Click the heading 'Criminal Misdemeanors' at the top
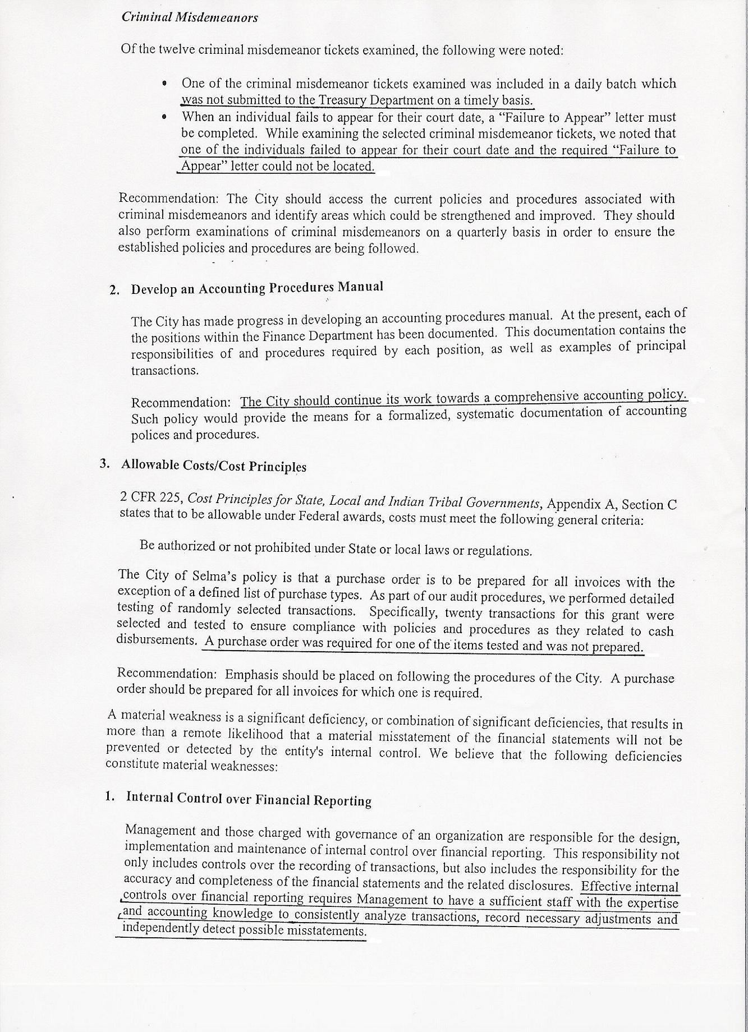pyautogui.click(x=189, y=17)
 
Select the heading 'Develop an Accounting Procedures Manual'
pyautogui.click(x=257, y=288)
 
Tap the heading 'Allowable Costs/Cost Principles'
pyautogui.click(x=214, y=466)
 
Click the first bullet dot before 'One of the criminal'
pyautogui.click(x=164, y=84)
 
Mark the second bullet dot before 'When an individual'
pyautogui.click(x=164, y=117)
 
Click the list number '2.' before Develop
pyautogui.click(x=114, y=290)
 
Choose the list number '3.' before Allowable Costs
pyautogui.click(x=104, y=464)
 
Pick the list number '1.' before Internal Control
pyautogui.click(x=110, y=796)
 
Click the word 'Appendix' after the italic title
pyautogui.click(x=573, y=504)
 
